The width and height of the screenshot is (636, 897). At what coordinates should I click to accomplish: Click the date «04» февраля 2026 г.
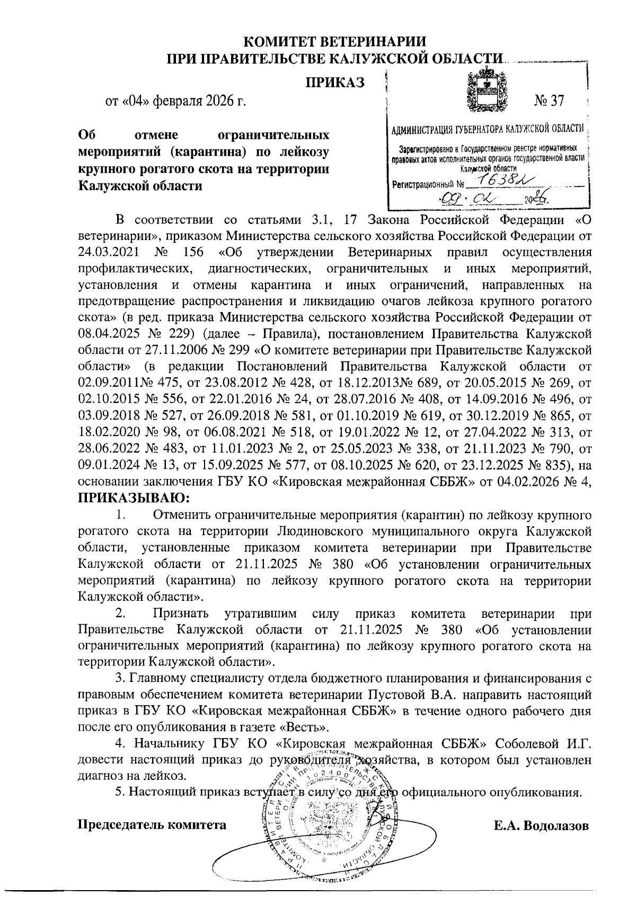tap(176, 101)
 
